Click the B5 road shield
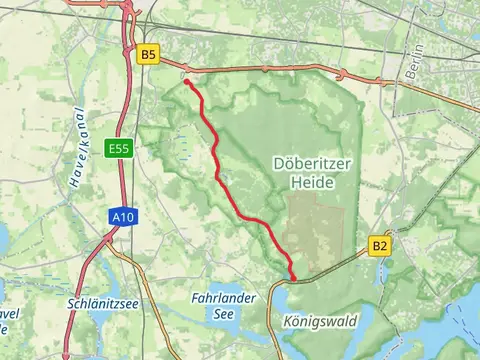[149, 55]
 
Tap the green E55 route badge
[117, 149]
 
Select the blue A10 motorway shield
[120, 215]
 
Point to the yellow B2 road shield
[380, 245]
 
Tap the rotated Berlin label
[415, 61]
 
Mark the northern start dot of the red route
[187, 83]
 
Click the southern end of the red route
[293, 278]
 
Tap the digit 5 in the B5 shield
[153, 55]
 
